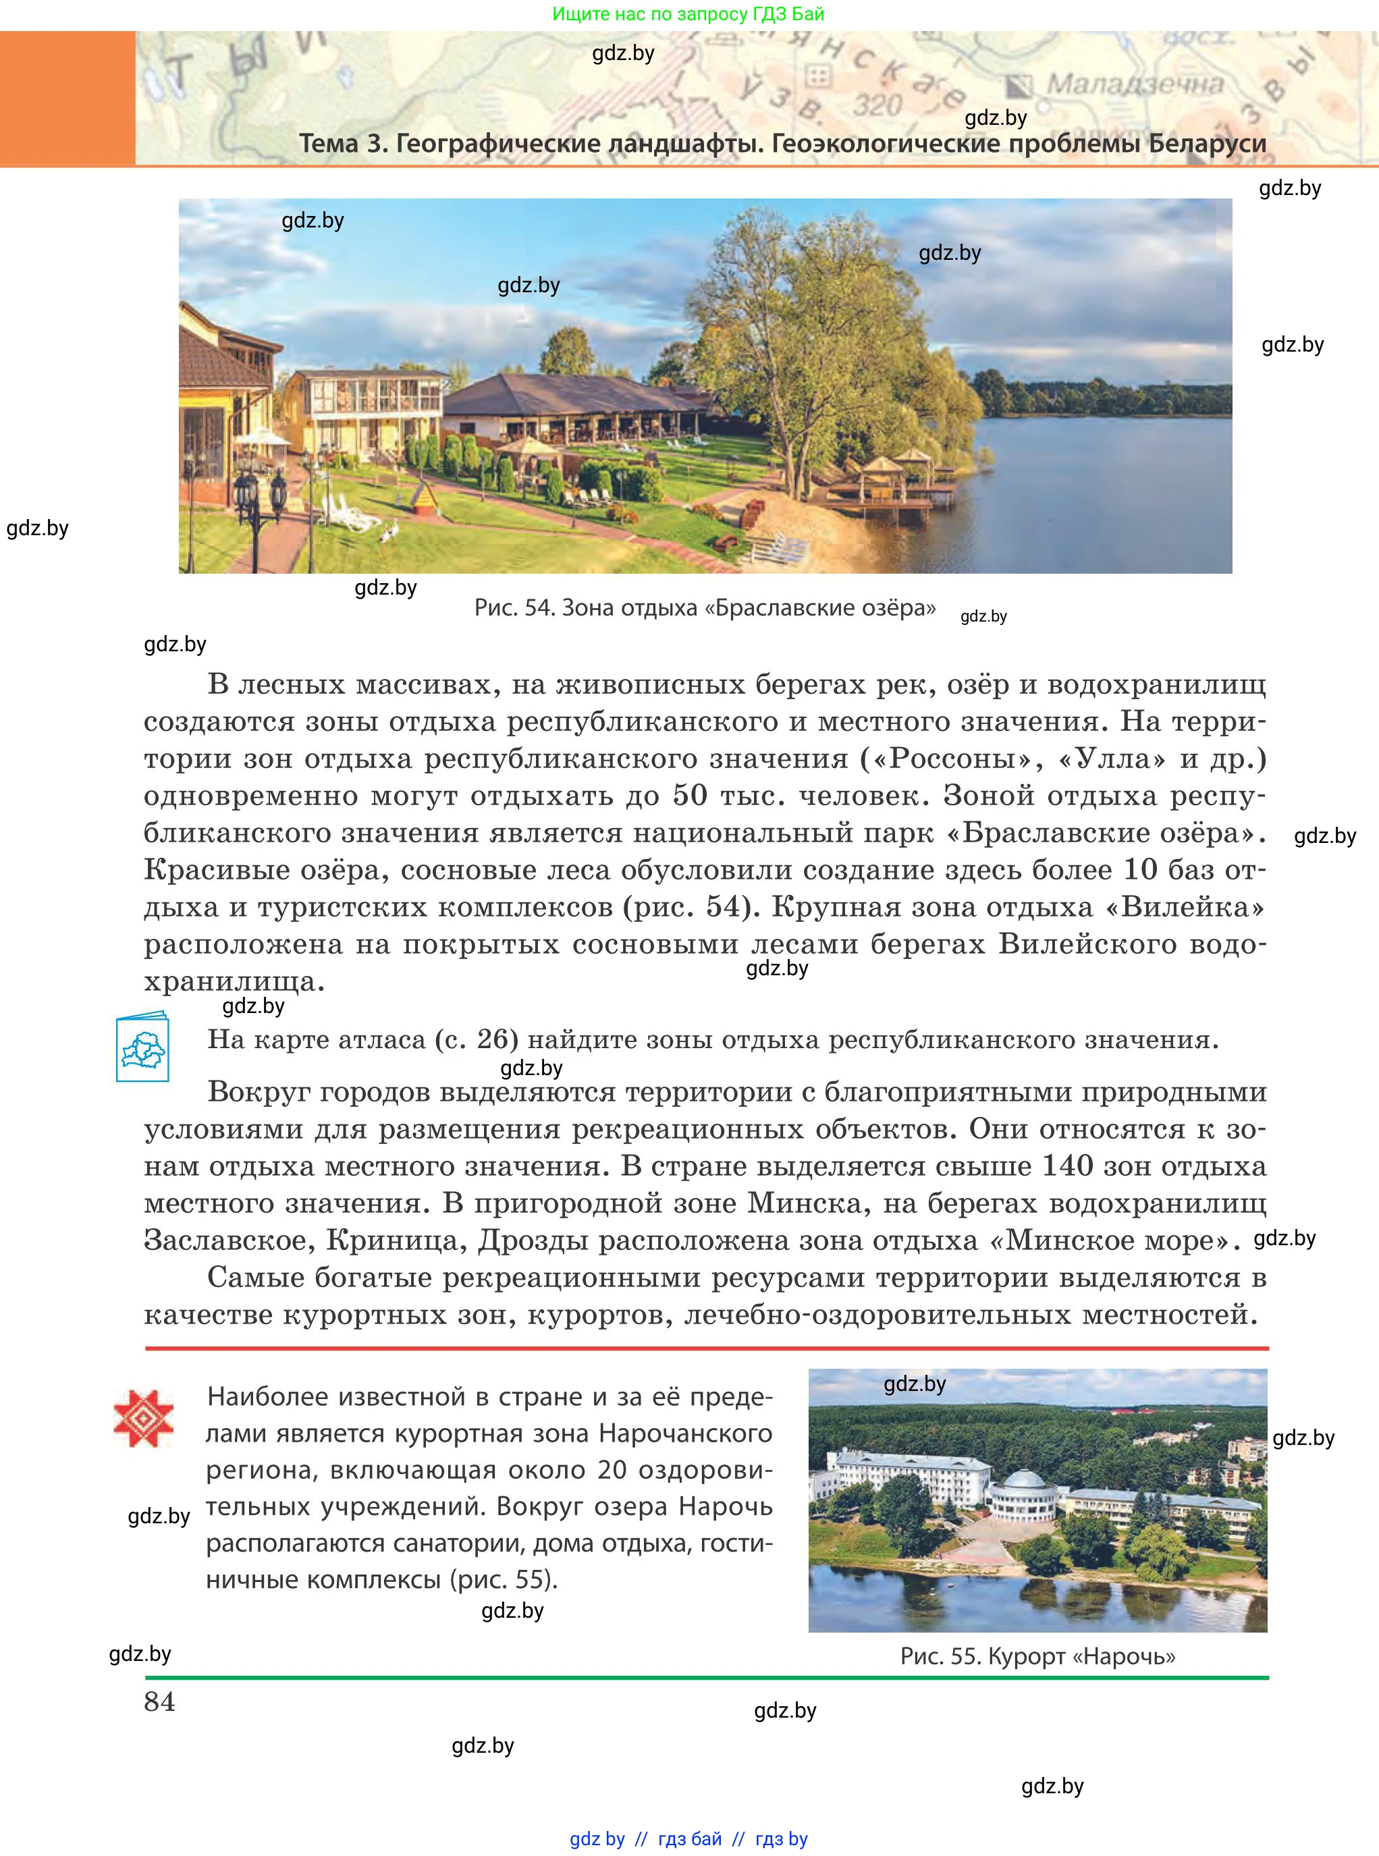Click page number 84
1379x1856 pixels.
tap(159, 1701)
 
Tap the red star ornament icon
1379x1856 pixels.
tap(144, 1418)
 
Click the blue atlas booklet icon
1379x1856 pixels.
tap(142, 1047)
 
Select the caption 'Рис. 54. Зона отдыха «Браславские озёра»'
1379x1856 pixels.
tap(705, 607)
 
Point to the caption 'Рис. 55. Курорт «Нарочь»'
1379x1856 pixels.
tap(1037, 1656)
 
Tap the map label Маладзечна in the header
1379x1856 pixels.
tap(1135, 84)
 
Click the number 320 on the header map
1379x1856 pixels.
tap(877, 106)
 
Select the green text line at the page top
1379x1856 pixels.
tap(688, 14)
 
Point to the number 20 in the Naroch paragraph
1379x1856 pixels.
tap(612, 1469)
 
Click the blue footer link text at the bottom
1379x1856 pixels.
tap(688, 1838)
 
